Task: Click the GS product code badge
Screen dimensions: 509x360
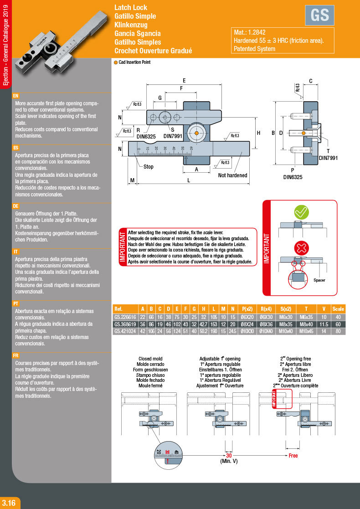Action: (x=319, y=15)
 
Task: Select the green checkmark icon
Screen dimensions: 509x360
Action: (x=301, y=212)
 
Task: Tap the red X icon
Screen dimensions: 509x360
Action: (x=301, y=248)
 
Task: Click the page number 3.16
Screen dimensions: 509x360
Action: (x=9, y=503)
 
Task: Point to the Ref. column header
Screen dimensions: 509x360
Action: (x=118, y=308)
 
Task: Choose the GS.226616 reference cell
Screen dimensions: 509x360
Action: (x=125, y=317)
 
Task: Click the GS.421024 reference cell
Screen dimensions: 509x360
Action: (x=125, y=331)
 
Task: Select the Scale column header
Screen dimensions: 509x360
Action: (x=338, y=308)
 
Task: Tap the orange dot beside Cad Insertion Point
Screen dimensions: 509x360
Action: (x=116, y=62)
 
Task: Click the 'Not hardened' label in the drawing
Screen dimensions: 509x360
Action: (x=232, y=175)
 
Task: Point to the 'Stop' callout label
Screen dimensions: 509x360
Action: (x=149, y=167)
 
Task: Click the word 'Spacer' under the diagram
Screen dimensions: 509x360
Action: (x=319, y=280)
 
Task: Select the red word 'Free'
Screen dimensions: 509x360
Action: (x=293, y=455)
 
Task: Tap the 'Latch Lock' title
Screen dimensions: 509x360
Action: (x=131, y=8)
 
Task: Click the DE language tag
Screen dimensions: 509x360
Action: (x=16, y=206)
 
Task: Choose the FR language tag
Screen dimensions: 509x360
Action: (x=16, y=355)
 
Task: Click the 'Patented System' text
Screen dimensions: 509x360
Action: (x=255, y=49)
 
